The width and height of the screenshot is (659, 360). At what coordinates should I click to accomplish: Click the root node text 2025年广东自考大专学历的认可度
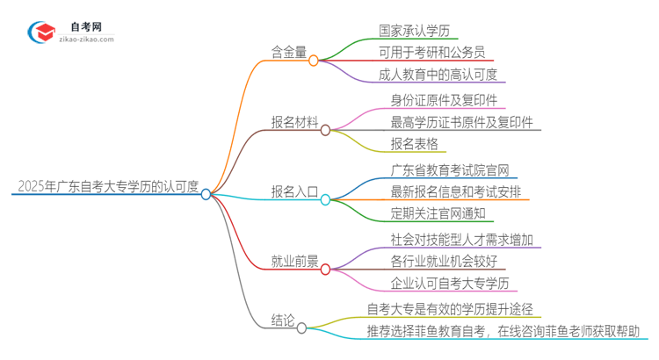(x=107, y=185)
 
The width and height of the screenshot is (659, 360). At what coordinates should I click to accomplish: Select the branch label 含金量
(x=289, y=52)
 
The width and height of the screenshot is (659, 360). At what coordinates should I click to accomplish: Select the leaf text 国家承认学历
(x=417, y=31)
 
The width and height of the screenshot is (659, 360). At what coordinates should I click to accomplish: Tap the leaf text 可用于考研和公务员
(x=437, y=52)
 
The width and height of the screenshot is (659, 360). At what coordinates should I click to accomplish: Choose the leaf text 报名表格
(x=414, y=144)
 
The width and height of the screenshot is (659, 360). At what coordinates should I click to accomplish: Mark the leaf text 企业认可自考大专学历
(x=450, y=283)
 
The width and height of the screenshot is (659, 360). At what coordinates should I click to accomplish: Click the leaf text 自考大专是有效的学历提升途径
(x=450, y=309)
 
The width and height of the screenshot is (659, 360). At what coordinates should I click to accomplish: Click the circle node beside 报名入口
(x=324, y=199)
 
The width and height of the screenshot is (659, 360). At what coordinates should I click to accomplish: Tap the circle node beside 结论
(x=302, y=328)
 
